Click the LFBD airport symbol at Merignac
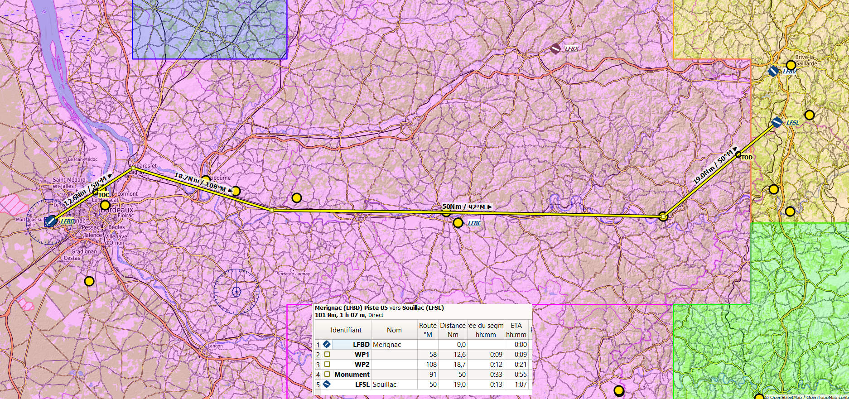(x=51, y=221)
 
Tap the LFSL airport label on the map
(x=792, y=122)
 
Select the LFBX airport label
(x=571, y=48)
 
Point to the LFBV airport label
(x=789, y=71)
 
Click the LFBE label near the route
(x=474, y=223)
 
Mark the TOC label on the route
(x=104, y=195)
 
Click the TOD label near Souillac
(x=747, y=158)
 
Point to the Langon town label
(x=215, y=346)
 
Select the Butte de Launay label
(x=293, y=274)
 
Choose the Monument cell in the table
(x=352, y=375)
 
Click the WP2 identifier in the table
(x=362, y=365)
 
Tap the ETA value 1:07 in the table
(x=521, y=385)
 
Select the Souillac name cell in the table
(x=384, y=385)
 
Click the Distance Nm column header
(x=453, y=330)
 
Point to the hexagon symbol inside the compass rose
(x=236, y=291)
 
